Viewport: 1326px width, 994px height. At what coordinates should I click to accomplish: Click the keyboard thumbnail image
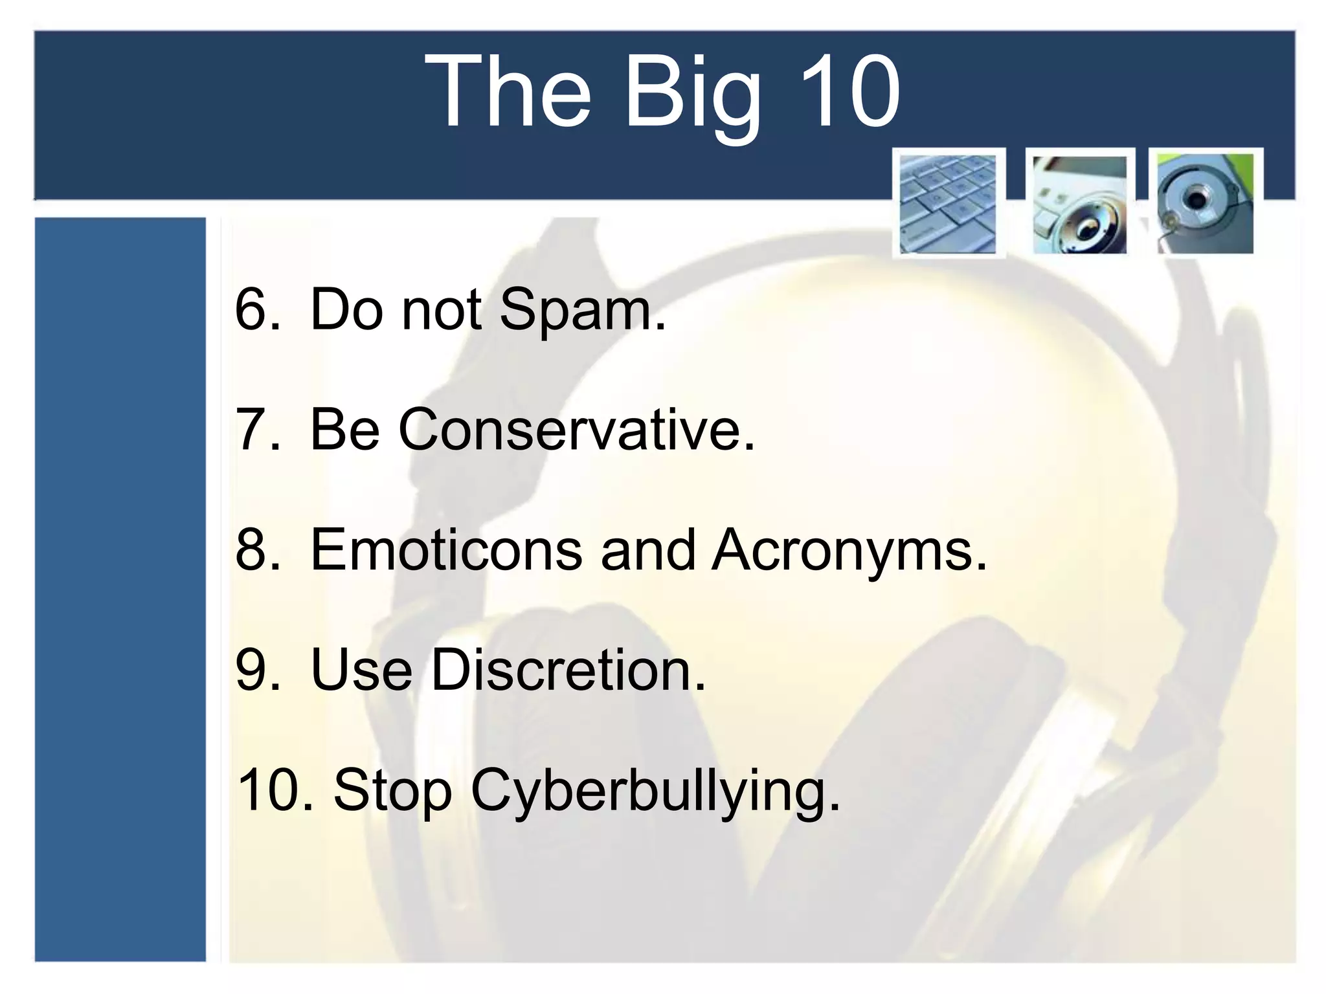pyautogui.click(x=949, y=204)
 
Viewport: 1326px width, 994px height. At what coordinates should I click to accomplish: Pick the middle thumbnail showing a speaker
pyautogui.click(x=1079, y=204)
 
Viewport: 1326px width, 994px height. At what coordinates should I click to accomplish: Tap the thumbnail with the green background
pyautogui.click(x=1205, y=204)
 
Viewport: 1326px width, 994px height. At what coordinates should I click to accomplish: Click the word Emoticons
pyautogui.click(x=446, y=550)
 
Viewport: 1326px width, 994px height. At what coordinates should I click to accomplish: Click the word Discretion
pyautogui.click(x=568, y=670)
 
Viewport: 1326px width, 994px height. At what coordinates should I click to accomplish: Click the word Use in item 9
pyautogui.click(x=361, y=670)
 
